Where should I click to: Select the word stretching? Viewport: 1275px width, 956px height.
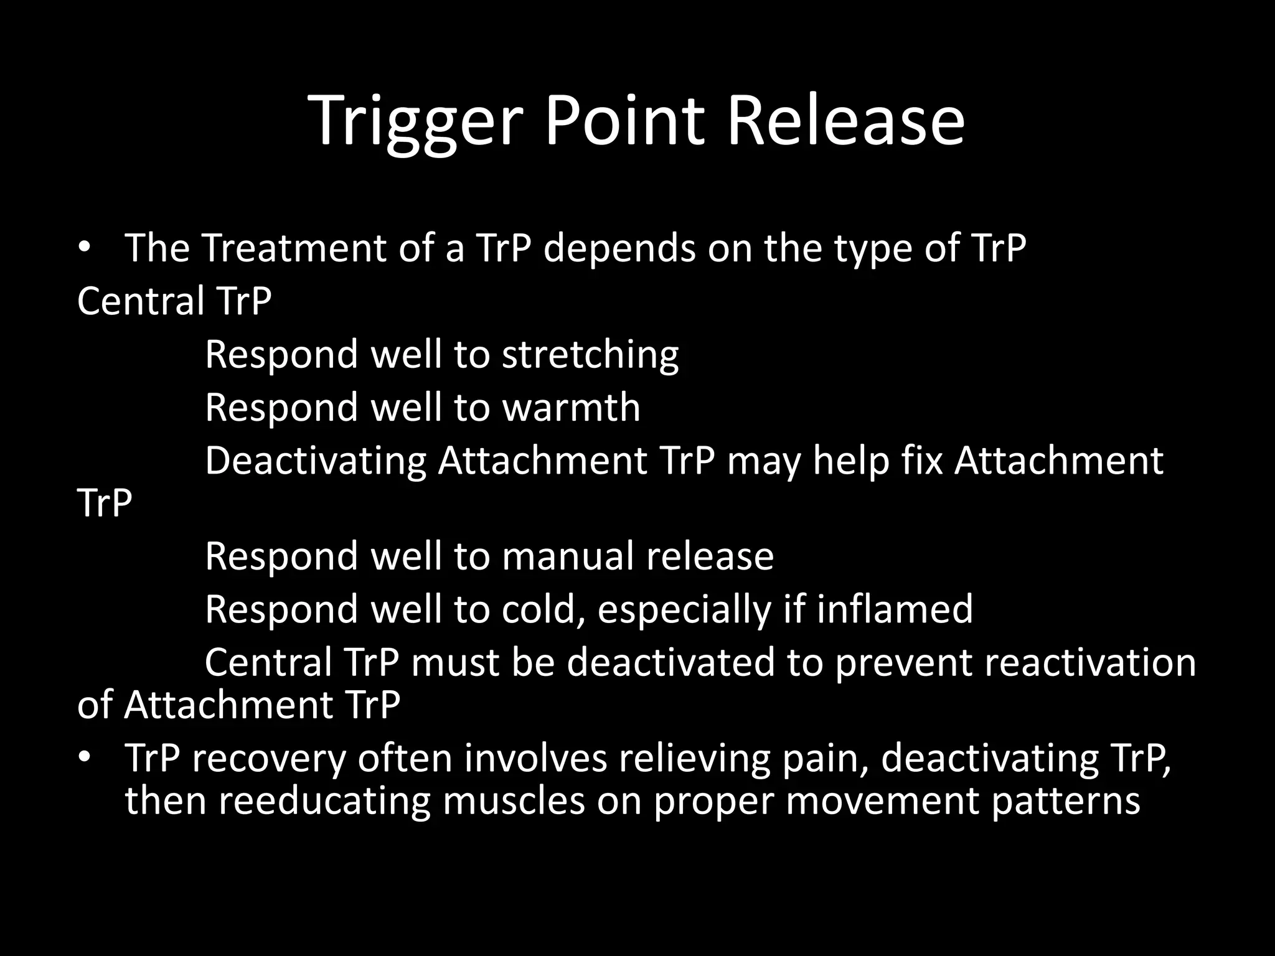590,355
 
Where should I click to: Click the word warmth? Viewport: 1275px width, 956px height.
571,408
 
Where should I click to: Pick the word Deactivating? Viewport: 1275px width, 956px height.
316,461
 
